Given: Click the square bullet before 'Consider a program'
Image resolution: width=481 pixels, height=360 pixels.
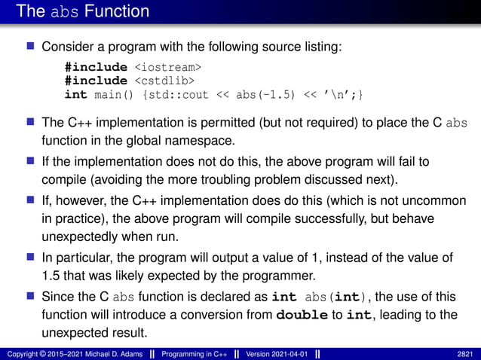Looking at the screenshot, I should (x=31, y=47).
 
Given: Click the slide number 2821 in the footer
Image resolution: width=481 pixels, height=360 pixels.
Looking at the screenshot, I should (x=466, y=353).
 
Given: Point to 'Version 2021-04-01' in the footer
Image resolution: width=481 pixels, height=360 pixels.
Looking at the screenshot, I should (x=270, y=353).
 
